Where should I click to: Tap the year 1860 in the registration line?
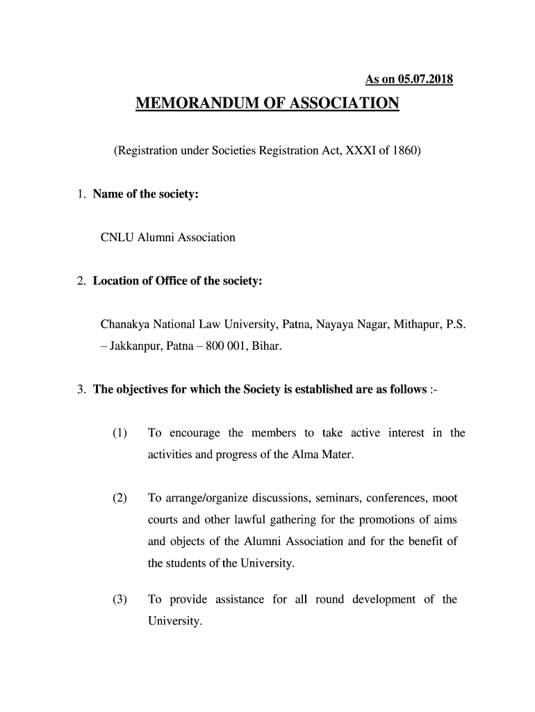tap(404, 150)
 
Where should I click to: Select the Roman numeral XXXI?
tap(342, 150)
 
